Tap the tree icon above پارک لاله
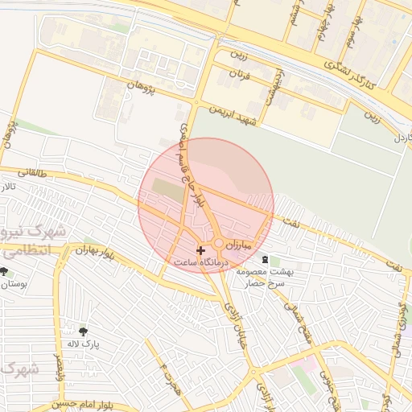83,330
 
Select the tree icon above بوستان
4,271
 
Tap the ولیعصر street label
57,367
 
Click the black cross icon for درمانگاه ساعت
200,250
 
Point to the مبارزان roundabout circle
218,243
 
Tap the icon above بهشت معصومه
266,259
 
